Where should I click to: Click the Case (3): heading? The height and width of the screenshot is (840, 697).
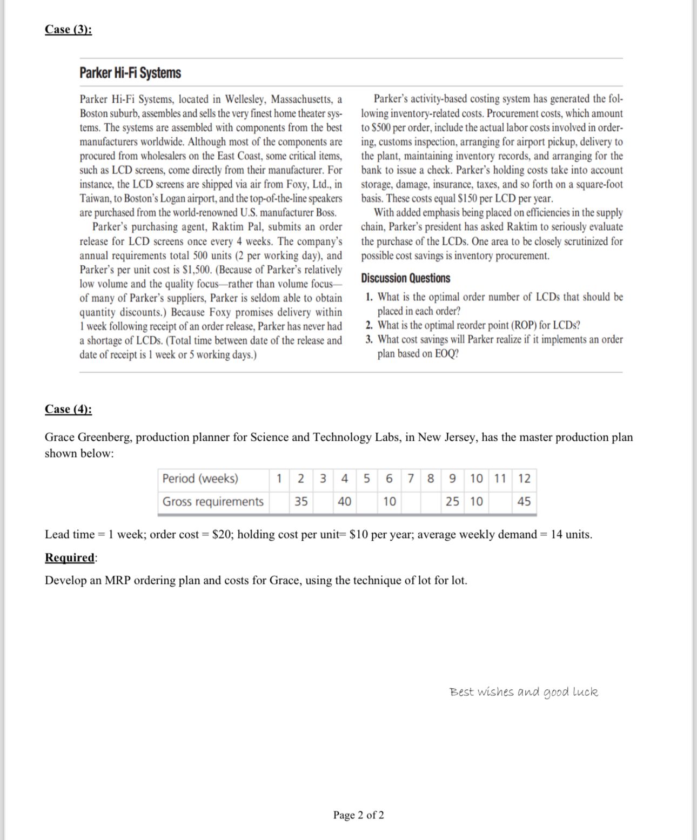pos(68,29)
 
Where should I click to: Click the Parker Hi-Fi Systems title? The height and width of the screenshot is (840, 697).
pos(130,73)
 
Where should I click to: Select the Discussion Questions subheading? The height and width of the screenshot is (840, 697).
pos(405,278)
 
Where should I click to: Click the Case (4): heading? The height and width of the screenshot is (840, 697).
pos(68,409)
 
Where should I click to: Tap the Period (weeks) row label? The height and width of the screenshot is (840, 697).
pos(200,479)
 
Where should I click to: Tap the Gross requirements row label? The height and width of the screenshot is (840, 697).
pos(213,501)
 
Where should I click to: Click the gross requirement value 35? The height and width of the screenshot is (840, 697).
pos(301,501)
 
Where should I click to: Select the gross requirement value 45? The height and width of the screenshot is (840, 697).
pos(524,501)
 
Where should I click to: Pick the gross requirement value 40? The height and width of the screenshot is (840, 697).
pos(344,501)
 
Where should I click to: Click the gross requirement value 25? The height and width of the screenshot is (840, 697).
pos(452,501)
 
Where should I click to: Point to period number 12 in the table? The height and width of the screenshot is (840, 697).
pos(524,479)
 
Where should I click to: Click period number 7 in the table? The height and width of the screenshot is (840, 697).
pos(411,479)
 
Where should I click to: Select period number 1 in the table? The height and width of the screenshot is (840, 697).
pos(279,479)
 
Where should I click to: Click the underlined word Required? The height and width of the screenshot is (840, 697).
pos(69,557)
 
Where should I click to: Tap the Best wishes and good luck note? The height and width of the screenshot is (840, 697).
pos(524,692)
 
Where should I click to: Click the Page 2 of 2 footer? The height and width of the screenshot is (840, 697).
pos(358,815)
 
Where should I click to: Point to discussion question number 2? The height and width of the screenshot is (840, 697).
pos(369,325)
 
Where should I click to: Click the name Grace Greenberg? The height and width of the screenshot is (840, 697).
pos(88,437)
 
